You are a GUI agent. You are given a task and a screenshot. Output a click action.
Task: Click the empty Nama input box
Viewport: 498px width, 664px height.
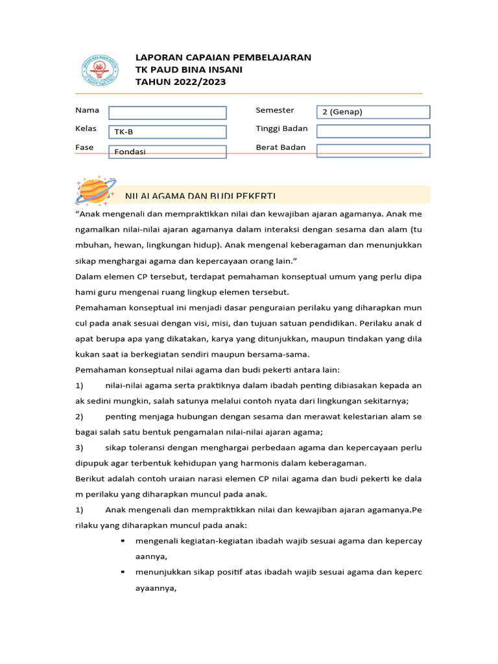click(x=167, y=113)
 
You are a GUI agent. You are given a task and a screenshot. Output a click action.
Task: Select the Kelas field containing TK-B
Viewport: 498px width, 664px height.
click(x=167, y=132)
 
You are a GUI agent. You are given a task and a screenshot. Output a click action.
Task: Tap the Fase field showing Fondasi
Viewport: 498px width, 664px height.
click(x=167, y=152)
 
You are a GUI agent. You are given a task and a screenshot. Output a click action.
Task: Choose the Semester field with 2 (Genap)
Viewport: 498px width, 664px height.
click(x=373, y=112)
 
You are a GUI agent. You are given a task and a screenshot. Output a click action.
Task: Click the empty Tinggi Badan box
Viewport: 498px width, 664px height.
click(x=373, y=131)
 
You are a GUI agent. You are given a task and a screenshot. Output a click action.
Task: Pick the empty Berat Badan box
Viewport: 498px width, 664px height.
click(x=373, y=150)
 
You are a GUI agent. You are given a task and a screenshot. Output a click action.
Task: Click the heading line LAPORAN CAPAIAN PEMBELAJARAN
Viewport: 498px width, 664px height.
click(x=223, y=57)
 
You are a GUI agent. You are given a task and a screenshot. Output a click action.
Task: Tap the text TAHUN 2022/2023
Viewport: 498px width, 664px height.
click(x=181, y=82)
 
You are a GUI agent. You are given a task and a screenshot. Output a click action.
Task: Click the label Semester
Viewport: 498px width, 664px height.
click(x=275, y=110)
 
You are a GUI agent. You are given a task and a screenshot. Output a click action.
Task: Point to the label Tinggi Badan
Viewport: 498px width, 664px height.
click(x=281, y=128)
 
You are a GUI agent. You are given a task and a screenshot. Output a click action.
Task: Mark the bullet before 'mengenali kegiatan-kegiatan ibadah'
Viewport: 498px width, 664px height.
click(x=123, y=540)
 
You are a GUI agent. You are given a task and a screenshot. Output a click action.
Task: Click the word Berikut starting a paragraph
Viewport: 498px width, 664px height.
click(x=91, y=479)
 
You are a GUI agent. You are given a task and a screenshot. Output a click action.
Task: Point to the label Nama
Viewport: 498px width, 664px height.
click(x=88, y=110)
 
